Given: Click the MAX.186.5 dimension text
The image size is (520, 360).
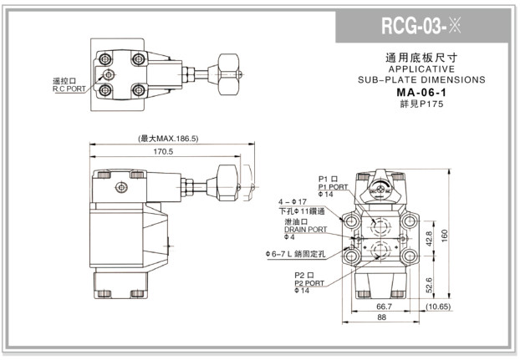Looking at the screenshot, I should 168,139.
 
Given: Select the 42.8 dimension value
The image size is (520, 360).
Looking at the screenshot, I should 429,238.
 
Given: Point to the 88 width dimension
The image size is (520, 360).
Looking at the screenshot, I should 381,318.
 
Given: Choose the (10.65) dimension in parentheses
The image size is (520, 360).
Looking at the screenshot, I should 438,307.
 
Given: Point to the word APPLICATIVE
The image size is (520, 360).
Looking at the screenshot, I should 421,69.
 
